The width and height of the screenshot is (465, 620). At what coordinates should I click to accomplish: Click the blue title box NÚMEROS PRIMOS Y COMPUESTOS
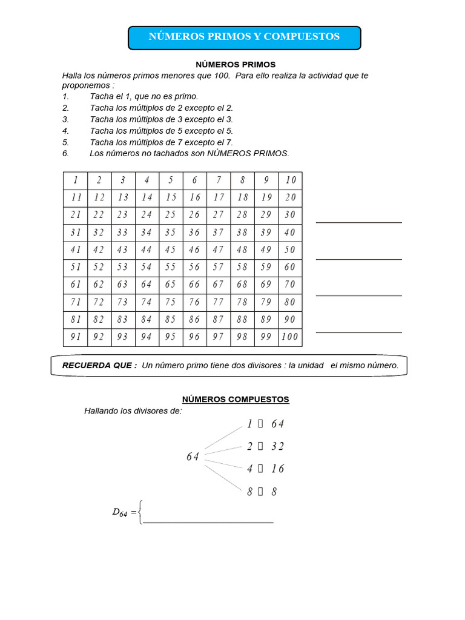click(244, 37)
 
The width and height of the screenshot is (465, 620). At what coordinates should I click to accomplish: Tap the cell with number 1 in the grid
click(76, 180)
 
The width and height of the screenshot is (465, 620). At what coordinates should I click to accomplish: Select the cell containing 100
click(290, 337)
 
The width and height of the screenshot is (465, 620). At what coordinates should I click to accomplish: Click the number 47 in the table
click(219, 249)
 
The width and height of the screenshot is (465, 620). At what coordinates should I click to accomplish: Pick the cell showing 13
click(123, 197)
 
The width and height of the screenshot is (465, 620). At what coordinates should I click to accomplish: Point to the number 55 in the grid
click(171, 267)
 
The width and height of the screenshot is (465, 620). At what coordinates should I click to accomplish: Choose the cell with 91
click(76, 337)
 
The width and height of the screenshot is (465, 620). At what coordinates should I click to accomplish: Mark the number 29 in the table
click(266, 215)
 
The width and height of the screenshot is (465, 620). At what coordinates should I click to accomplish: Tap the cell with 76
click(194, 302)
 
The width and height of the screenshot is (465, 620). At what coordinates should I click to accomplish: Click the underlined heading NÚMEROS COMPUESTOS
click(236, 400)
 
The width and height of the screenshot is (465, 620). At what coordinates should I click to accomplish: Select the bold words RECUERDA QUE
click(100, 366)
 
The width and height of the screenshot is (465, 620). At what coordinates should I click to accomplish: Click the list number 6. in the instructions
click(66, 154)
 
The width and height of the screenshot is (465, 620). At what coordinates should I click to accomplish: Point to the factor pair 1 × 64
click(265, 424)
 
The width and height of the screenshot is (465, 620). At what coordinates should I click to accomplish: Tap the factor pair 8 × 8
click(262, 492)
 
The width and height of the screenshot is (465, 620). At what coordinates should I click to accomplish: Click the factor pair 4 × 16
click(265, 469)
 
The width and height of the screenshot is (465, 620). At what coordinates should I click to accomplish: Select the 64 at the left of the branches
click(193, 457)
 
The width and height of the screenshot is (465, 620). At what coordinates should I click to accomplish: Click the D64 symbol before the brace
click(120, 512)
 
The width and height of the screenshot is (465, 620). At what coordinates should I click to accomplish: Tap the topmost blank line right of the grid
click(358, 222)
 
